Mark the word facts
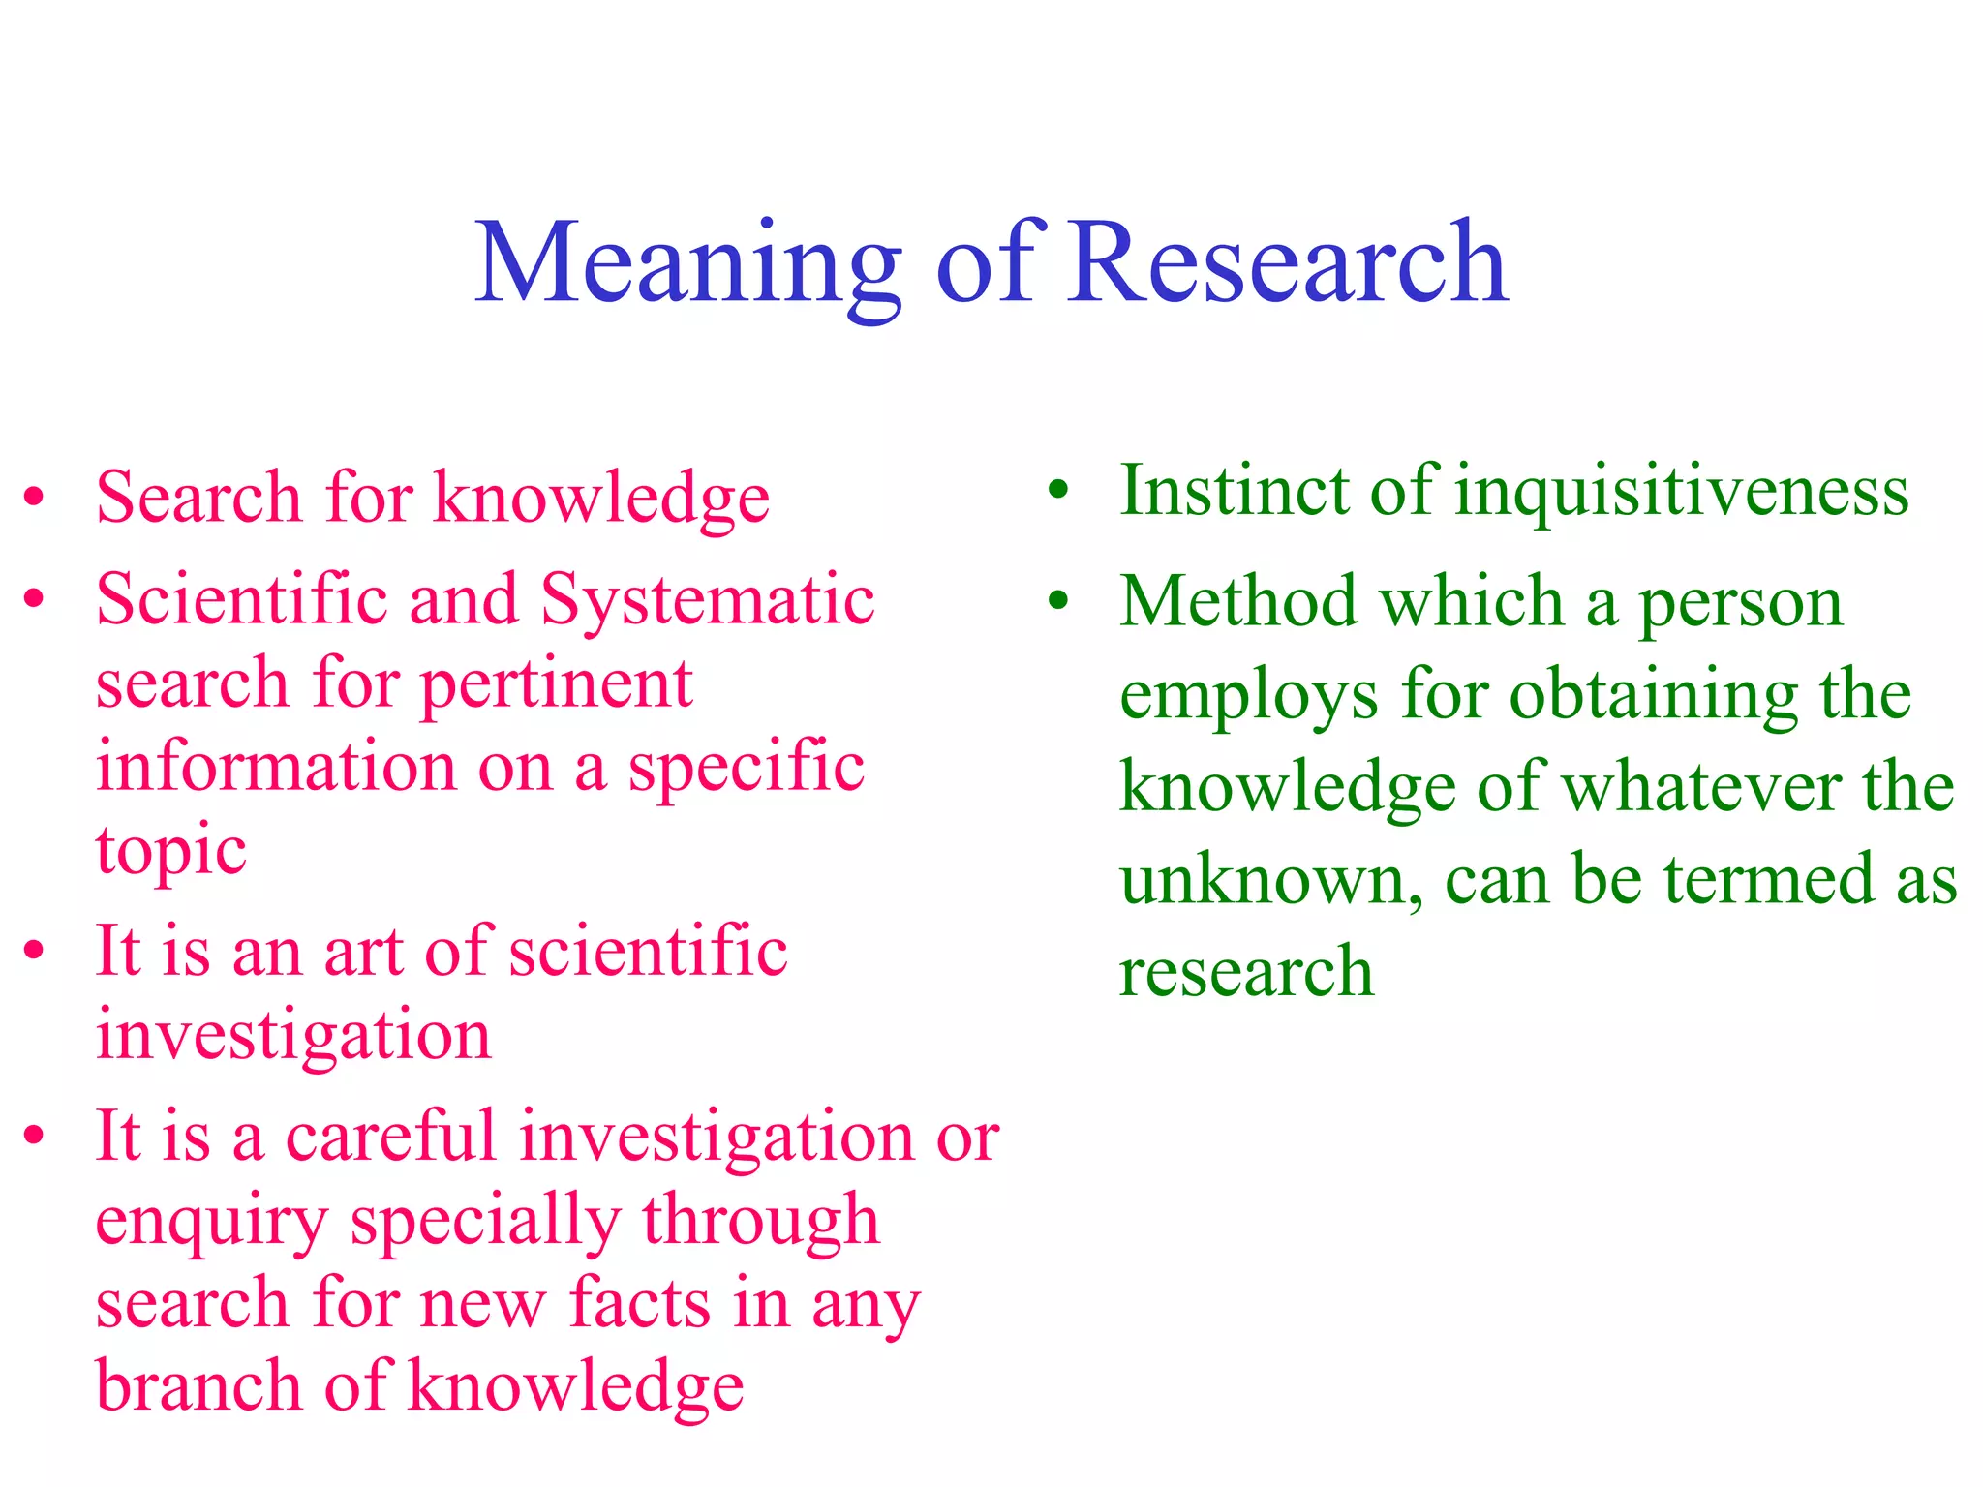(640, 1304)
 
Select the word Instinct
(1235, 492)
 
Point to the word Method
(1238, 602)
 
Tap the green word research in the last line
(1246, 972)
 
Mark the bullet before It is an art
(35, 951)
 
